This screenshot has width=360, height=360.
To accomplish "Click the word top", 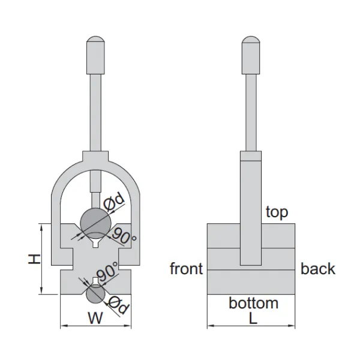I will (x=276, y=211).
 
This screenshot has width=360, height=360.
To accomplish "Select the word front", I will (x=186, y=268).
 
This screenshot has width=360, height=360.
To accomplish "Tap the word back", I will (x=318, y=268).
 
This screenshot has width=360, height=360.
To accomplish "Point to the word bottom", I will (x=253, y=303).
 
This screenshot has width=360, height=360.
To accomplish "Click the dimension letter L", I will (x=253, y=319).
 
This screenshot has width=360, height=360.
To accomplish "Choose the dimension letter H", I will (x=35, y=259).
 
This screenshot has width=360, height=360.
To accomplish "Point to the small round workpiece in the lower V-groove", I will (x=95, y=294).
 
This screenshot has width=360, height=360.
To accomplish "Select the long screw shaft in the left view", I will (x=95, y=114).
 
